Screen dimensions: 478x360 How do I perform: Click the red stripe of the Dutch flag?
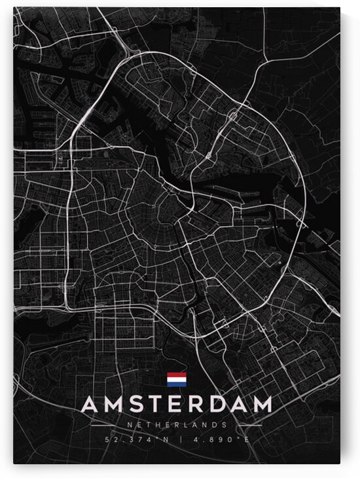(177, 375)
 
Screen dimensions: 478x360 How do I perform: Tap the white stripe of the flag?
(177, 380)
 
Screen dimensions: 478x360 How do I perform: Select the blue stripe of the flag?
(177, 384)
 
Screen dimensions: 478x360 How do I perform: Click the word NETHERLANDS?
(176, 424)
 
